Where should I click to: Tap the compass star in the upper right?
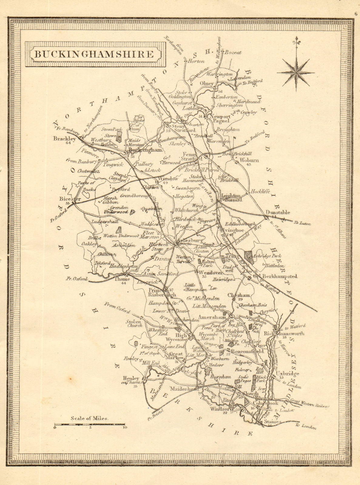[x=295, y=72]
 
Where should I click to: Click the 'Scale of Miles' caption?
[x=89, y=418]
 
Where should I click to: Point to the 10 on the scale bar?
[x=125, y=428]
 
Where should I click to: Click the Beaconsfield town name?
[x=247, y=352]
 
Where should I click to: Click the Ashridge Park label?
[x=268, y=256]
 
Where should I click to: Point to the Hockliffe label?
[x=259, y=192]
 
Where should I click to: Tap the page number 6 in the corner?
[x=356, y=5]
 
